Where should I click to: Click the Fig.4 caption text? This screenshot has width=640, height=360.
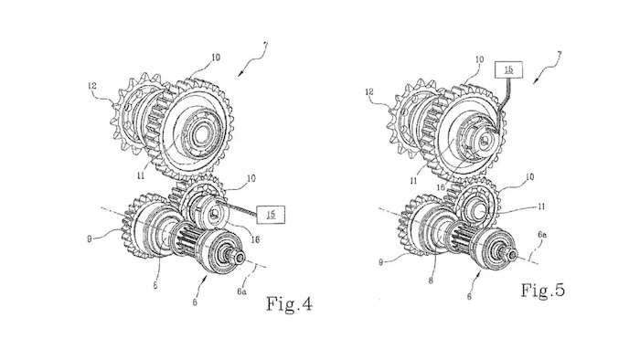tap(290, 303)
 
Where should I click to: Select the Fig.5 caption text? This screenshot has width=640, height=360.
tap(543, 290)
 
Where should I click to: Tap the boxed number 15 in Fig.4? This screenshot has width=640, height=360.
tap(271, 215)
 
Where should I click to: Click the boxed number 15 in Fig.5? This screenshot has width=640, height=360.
tap(508, 69)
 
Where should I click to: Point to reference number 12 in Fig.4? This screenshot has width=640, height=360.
tap(91, 86)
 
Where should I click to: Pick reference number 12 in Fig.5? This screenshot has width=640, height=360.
tap(369, 92)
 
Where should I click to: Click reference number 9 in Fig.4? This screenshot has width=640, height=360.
tap(90, 238)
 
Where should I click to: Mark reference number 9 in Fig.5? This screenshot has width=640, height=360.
tap(381, 262)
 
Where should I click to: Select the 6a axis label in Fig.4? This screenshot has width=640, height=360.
tap(241, 291)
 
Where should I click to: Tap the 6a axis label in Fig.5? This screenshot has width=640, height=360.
tap(542, 235)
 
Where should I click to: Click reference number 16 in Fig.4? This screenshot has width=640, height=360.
tap(255, 239)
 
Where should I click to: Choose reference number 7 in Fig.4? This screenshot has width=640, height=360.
tap(265, 45)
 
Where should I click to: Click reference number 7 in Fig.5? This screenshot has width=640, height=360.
tap(559, 53)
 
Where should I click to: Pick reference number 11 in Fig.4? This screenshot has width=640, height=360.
tap(141, 175)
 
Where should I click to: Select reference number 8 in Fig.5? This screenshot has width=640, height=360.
tap(431, 281)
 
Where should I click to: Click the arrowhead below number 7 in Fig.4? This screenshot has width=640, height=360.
tap(241, 73)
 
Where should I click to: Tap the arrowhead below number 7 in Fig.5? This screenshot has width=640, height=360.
tap(535, 80)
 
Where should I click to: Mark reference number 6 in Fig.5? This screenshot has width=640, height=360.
tap(469, 297)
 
